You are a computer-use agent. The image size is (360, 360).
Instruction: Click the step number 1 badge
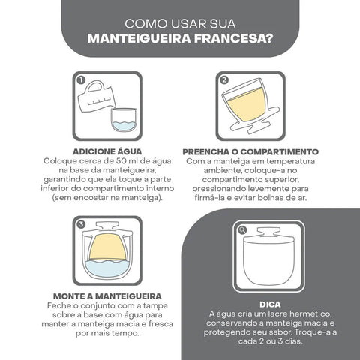[x=81, y=80]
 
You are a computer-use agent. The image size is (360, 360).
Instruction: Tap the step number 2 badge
[x=224, y=79]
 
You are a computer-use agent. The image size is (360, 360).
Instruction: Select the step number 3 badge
[x=81, y=224]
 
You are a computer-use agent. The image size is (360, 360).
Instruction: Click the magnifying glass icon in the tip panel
[x=242, y=230]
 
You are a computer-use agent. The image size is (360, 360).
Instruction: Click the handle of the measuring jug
[x=94, y=86]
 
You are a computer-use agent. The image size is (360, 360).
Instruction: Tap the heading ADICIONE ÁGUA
[x=107, y=151]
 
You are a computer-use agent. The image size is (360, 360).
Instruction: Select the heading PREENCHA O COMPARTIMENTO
[x=250, y=151]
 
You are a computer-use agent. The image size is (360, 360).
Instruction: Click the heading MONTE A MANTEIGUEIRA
[x=107, y=296]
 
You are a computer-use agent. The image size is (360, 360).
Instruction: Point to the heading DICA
[x=270, y=304]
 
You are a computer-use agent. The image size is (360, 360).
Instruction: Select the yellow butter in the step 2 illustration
[x=247, y=106]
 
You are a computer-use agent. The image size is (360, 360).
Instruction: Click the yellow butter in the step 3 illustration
[x=108, y=247]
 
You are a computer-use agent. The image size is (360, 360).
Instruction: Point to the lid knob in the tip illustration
[x=268, y=232]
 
